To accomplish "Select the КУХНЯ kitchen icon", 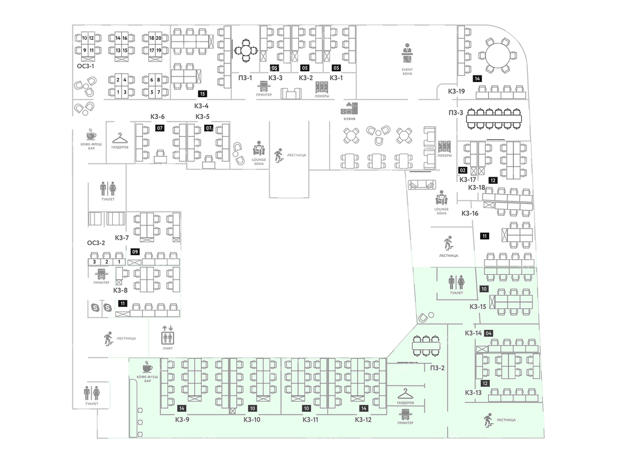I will [x=349, y=109].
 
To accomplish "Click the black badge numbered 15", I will [x=202, y=93].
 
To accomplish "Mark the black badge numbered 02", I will [x=463, y=170].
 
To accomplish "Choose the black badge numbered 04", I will [x=489, y=333].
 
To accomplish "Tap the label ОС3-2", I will [x=96, y=243].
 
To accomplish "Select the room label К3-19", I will [x=456, y=91].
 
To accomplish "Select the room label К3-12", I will [x=363, y=420].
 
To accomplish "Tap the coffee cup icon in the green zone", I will [x=147, y=367].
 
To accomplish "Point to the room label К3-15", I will [x=478, y=306].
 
